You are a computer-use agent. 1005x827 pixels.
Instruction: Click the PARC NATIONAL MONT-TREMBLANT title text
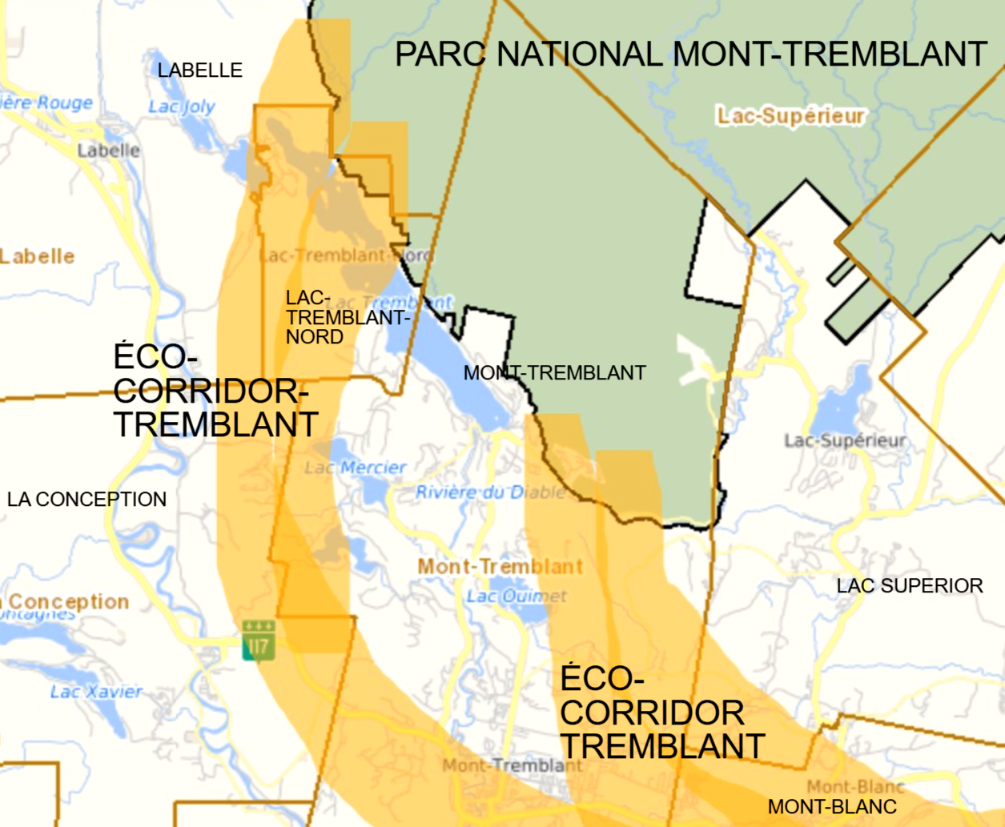pyautogui.click(x=690, y=54)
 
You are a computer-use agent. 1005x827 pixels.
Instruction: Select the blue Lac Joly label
pyautogui.click(x=182, y=106)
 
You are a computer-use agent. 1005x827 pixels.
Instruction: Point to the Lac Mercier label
pyautogui.click(x=356, y=468)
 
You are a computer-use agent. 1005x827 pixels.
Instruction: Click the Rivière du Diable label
pyautogui.click(x=490, y=492)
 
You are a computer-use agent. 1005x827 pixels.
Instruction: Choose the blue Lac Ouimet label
pyautogui.click(x=517, y=596)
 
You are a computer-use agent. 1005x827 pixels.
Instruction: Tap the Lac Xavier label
pyautogui.click(x=96, y=692)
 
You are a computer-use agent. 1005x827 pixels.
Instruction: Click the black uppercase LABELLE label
pyautogui.click(x=199, y=70)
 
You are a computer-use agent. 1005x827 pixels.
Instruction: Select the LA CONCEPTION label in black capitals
pyautogui.click(x=86, y=500)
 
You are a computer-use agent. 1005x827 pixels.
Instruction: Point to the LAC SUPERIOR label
pyautogui.click(x=910, y=586)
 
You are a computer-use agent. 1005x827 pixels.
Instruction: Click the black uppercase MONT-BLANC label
pyautogui.click(x=832, y=807)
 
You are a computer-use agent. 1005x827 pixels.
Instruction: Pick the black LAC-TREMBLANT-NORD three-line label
pyautogui.click(x=346, y=318)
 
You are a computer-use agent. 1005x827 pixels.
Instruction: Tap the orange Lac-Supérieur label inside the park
pyautogui.click(x=791, y=116)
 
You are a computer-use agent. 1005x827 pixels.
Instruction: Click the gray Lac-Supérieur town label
pyautogui.click(x=845, y=440)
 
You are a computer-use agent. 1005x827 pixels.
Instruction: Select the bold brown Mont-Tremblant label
pyautogui.click(x=500, y=567)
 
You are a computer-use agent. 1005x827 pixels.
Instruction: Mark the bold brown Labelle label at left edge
pyautogui.click(x=38, y=257)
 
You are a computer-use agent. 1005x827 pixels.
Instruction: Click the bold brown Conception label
pyautogui.click(x=68, y=601)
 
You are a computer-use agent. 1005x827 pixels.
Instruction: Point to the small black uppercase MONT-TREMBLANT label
pyautogui.click(x=554, y=373)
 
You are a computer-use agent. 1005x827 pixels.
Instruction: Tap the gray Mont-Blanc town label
pyautogui.click(x=854, y=787)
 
